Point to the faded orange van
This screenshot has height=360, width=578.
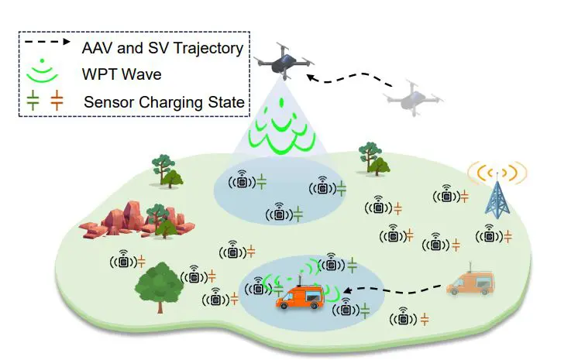(472, 283)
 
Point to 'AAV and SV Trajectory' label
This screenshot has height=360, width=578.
(163, 48)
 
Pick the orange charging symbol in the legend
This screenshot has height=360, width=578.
(57, 100)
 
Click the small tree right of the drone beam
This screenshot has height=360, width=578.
(372, 157)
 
